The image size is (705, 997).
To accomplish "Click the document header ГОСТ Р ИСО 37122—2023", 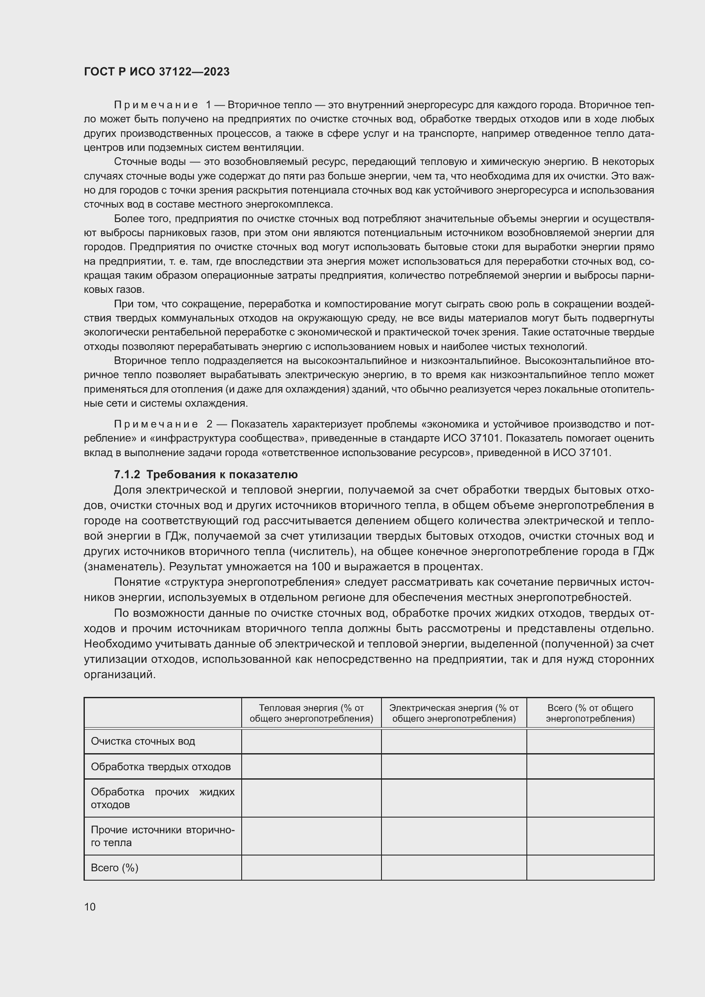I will pos(157,72).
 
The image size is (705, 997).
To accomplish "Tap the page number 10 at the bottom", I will pos(90,907).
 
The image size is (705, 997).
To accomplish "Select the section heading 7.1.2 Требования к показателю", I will pos(206,474).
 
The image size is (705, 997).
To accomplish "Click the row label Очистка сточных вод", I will pos(143,741).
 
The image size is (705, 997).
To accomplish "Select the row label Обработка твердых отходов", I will pos(161,766).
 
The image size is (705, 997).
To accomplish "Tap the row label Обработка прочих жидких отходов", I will pos(162,798).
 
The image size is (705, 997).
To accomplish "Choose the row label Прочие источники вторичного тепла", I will pos(162,836).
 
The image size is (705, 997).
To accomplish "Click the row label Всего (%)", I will pos(115,867).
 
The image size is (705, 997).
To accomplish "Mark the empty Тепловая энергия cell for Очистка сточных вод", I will pos(311,741).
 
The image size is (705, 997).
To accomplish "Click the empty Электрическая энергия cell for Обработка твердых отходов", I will pos(454,766).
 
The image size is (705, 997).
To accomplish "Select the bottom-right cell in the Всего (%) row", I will pos(590,867).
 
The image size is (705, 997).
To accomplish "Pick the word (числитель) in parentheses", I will pos(321,552).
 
